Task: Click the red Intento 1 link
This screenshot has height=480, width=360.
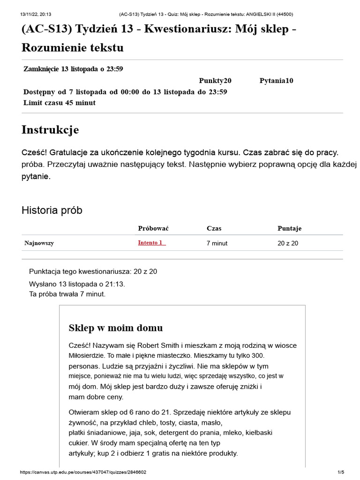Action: (151, 243)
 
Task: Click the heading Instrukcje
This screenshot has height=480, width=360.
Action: (50, 130)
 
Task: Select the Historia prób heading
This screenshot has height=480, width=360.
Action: (52, 210)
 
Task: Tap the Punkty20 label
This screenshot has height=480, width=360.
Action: (215, 81)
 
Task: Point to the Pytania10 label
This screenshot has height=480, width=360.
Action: (276, 81)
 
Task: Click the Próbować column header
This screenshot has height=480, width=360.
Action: (153, 228)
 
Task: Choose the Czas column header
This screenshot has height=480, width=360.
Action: (214, 228)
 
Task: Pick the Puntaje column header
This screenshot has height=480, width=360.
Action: (289, 228)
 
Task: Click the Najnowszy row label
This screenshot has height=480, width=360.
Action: (39, 243)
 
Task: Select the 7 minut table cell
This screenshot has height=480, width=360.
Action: (217, 243)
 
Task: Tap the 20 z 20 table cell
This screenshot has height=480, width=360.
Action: (288, 243)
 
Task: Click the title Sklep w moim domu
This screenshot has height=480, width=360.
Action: (116, 328)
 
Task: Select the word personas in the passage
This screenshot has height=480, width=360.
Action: (82, 366)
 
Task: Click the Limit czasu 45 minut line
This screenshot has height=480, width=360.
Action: (60, 103)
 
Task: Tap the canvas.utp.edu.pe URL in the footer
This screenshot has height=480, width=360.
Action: (87, 472)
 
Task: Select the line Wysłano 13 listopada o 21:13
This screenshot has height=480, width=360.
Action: (77, 284)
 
